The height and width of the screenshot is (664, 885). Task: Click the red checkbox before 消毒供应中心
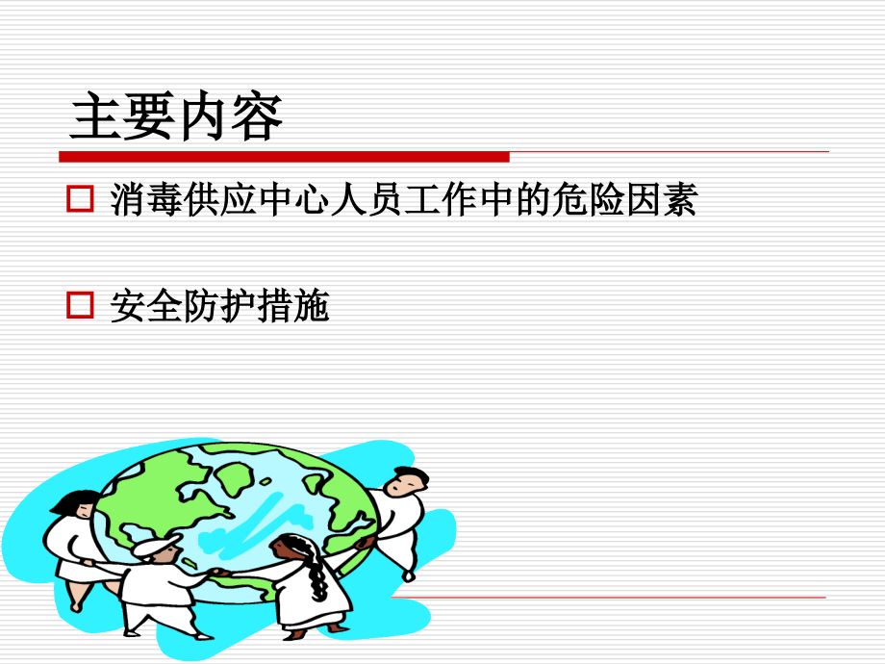79,199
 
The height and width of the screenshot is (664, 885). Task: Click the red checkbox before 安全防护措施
79,306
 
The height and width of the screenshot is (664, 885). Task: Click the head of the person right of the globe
409,481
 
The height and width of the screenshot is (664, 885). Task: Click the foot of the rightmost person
409,576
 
